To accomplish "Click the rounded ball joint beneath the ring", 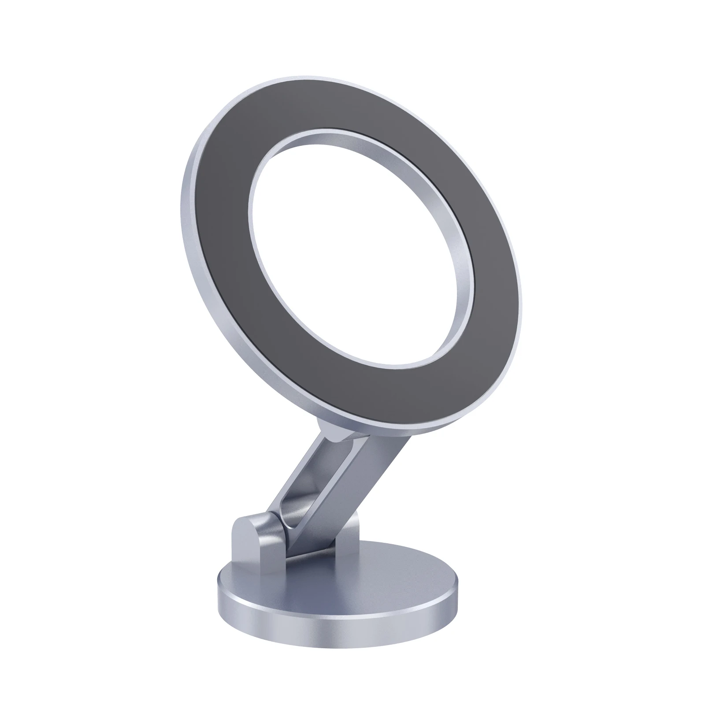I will click(328, 432).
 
